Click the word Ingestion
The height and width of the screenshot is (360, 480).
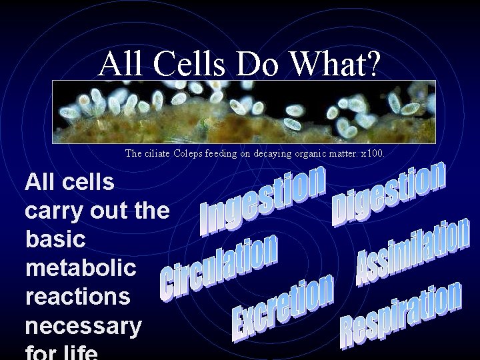(263, 200)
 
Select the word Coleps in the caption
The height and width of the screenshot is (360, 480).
(190, 153)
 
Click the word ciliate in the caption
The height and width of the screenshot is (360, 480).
(158, 153)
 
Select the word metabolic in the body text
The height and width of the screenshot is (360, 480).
(80, 268)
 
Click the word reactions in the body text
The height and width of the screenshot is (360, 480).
(77, 297)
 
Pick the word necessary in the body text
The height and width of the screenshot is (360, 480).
(83, 326)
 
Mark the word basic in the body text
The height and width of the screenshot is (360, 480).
(55, 239)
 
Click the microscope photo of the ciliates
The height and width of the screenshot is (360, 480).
(244, 112)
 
